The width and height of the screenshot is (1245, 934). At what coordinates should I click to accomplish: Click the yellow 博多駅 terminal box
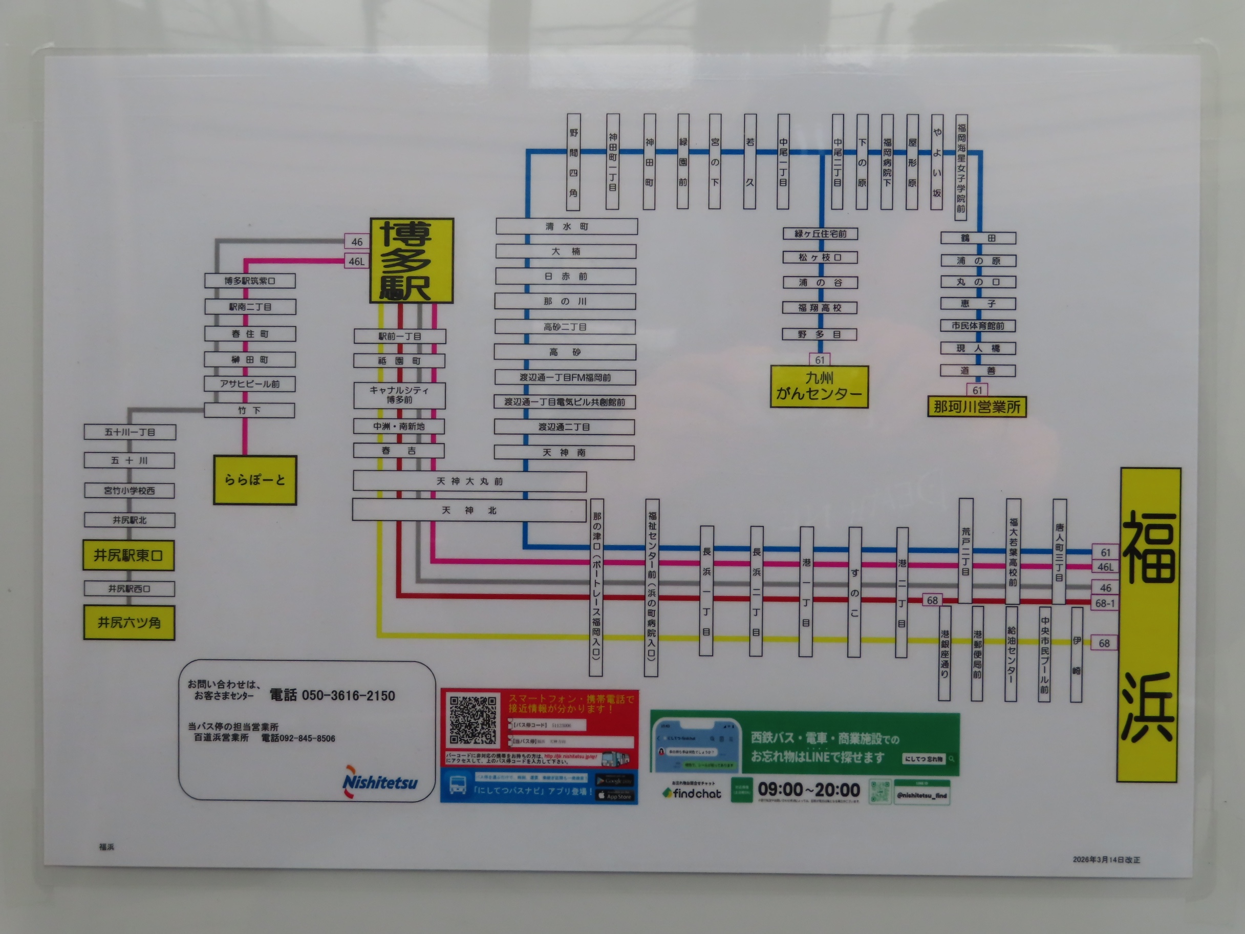[412, 261]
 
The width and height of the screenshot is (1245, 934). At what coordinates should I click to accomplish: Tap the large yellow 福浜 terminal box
[1148, 625]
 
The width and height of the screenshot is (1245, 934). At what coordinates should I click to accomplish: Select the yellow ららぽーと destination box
[254, 480]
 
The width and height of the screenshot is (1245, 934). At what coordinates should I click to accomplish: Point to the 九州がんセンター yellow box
[819, 386]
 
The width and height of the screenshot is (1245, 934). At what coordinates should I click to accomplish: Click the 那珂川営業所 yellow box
[977, 407]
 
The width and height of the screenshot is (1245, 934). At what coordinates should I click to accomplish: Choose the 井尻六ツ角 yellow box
[129, 623]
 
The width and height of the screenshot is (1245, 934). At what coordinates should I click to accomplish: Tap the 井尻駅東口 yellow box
[129, 556]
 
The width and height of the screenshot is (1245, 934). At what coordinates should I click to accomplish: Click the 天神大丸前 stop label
[469, 481]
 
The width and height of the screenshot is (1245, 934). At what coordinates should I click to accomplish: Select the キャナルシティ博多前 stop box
[399, 395]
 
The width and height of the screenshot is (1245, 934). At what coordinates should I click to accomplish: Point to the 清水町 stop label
[566, 226]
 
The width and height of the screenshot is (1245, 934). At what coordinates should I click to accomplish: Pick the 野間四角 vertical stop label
[573, 162]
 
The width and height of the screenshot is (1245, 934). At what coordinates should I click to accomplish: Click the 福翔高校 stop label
[820, 308]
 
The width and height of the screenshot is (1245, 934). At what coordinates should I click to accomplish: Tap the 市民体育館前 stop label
[978, 325]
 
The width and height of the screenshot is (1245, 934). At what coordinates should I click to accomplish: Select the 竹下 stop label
[249, 411]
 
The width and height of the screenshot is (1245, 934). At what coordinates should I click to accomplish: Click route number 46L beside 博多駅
[356, 261]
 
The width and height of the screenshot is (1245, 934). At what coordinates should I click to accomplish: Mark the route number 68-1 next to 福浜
[1105, 604]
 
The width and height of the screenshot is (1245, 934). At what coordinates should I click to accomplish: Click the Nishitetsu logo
[380, 782]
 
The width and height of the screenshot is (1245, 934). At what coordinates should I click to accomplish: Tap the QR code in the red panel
[473, 720]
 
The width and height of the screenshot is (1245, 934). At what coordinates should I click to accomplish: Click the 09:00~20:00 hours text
[808, 790]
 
